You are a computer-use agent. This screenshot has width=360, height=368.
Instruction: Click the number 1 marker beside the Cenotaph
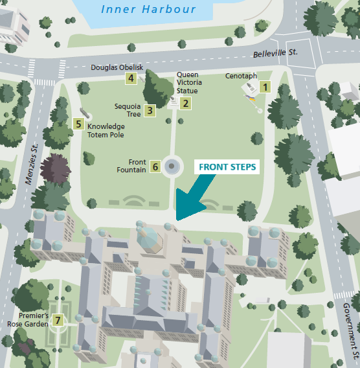pyautogui.click(x=264, y=85)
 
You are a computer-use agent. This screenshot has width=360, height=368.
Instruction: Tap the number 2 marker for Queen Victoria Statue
pyautogui.click(x=186, y=102)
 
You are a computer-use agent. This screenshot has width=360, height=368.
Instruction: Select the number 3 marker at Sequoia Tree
pyautogui.click(x=150, y=110)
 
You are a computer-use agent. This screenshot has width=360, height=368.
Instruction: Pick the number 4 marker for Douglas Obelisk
pyautogui.click(x=131, y=78)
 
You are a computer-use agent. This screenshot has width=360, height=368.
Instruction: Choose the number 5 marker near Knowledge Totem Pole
pyautogui.click(x=78, y=123)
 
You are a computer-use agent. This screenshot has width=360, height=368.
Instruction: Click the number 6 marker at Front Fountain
pyautogui.click(x=155, y=167)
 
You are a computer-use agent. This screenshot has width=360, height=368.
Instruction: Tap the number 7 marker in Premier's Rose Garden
pyautogui.click(x=58, y=319)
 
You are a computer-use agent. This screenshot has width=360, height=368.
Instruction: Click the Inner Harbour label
pyautogui.click(x=148, y=9)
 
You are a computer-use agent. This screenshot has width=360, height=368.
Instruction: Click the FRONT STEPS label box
pyautogui.click(x=227, y=167)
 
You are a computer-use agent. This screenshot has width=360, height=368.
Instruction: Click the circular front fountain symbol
pyautogui.click(x=172, y=167)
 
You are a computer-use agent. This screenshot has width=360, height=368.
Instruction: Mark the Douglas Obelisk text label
pyautogui.click(x=117, y=67)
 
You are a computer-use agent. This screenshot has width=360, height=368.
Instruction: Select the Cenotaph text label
pyautogui.click(x=241, y=76)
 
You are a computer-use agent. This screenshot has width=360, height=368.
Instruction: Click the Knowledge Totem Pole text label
pyautogui.click(x=106, y=130)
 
